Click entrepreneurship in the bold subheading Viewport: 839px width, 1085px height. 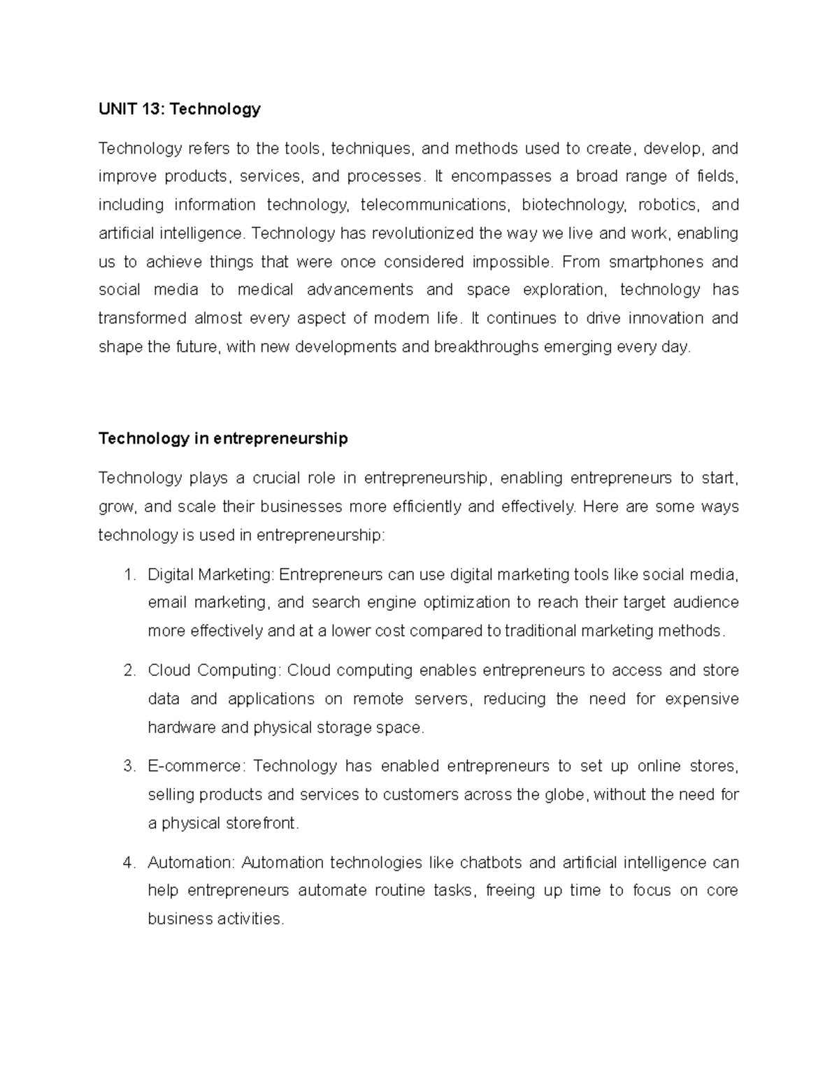pos(280,439)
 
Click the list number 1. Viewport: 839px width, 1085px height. pos(128,574)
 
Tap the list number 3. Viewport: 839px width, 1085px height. pos(128,766)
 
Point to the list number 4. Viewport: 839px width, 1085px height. pos(128,863)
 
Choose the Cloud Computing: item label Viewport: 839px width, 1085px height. pos(213,671)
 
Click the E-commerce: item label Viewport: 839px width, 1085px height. pos(196,766)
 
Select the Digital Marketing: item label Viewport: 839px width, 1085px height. pos(211,574)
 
